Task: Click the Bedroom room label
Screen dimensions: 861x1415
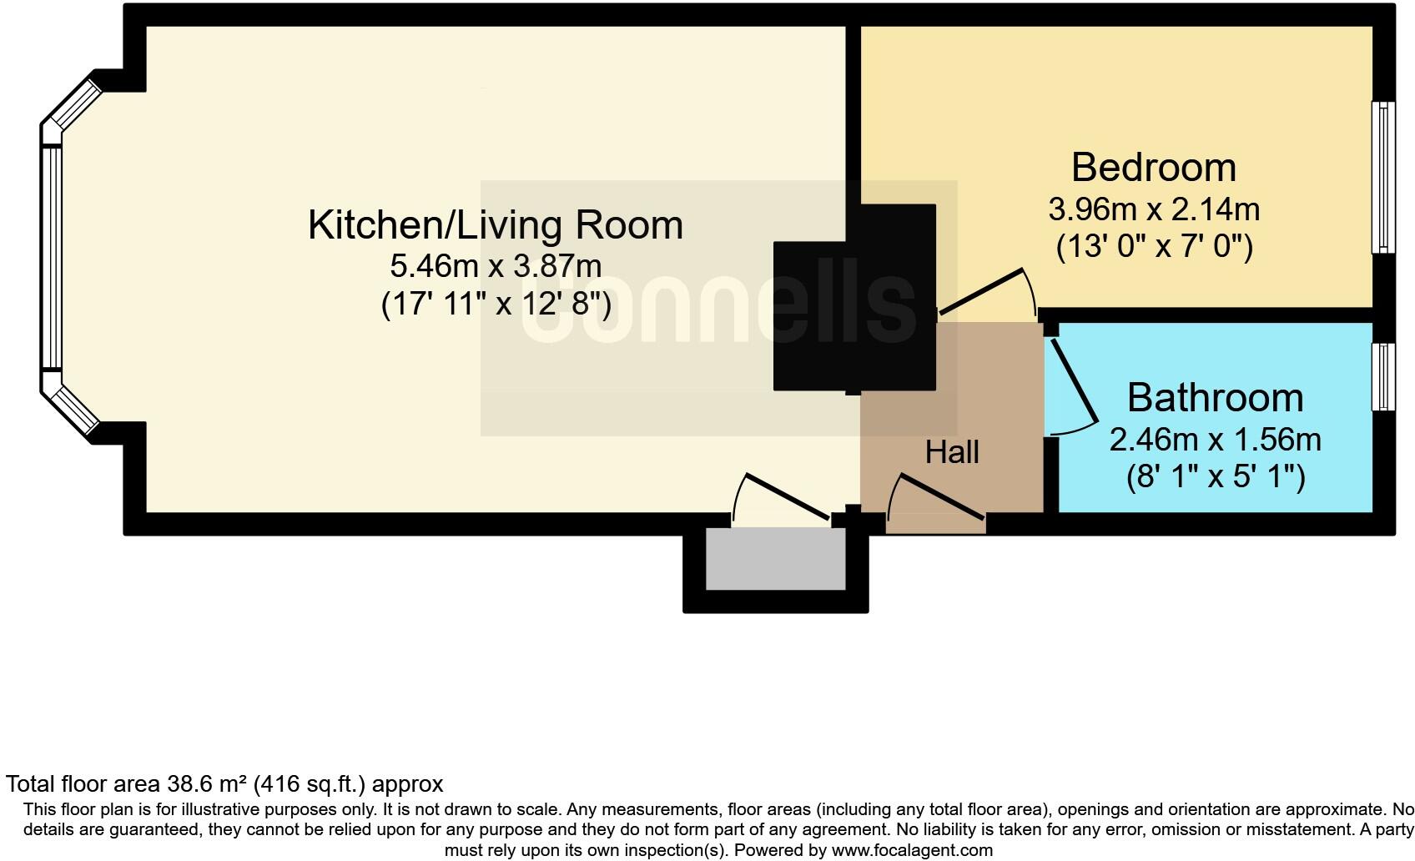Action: [x=1153, y=168]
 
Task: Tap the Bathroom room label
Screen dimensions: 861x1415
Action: [x=1215, y=397]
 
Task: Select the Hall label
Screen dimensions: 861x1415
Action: [x=952, y=452]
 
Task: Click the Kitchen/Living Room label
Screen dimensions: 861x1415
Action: [x=496, y=225]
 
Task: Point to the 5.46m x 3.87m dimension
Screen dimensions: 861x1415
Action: [x=496, y=266]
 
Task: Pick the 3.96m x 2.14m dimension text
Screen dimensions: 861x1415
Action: [x=1154, y=209]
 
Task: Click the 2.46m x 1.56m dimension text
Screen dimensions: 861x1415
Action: [x=1215, y=439]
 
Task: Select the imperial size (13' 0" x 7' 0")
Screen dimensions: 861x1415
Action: [x=1154, y=247]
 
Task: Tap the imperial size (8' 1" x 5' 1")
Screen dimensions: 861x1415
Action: [x=1215, y=477]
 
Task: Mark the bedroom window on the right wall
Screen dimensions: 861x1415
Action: [x=1383, y=177]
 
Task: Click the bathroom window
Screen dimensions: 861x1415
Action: [x=1383, y=377]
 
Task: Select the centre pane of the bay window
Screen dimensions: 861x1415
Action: [x=52, y=258]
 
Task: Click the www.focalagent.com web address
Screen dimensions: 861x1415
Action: [x=912, y=851]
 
